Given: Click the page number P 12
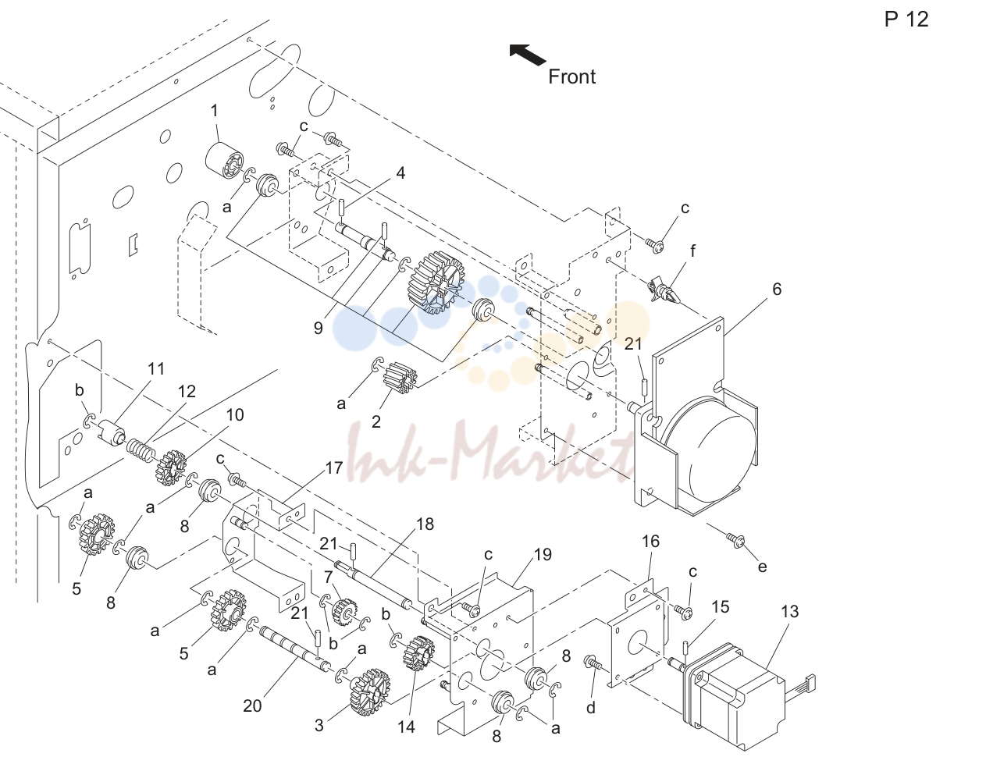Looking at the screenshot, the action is pos(906,20).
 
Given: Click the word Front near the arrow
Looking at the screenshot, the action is pos(571,76).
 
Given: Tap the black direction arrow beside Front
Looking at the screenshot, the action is pos(527,55).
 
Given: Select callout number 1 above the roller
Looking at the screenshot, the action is pos(215,110).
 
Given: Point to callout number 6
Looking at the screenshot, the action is pos(777,290).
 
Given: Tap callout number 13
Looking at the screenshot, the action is pos(789,611).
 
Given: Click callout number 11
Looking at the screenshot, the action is pos(156,369).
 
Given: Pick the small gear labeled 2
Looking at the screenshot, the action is pos(400,378).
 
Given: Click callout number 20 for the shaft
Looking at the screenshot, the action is pos(252,705).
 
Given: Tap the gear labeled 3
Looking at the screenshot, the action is pos(370,692).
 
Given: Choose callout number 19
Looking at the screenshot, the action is pos(543,554).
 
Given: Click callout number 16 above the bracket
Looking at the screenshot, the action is pos(650,541).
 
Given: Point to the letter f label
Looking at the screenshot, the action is pos(693,251).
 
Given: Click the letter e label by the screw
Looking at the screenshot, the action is pos(762,567).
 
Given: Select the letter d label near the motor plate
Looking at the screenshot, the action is pos(591,708).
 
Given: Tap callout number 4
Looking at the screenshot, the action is pos(400,172).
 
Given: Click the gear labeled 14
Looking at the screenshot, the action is pos(418,653).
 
